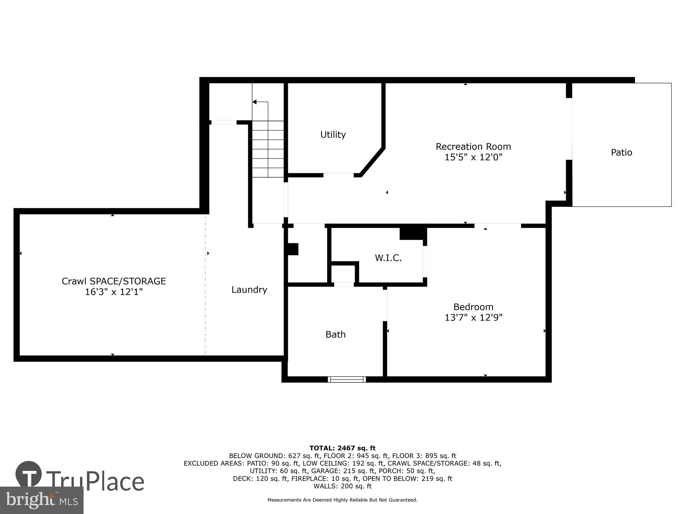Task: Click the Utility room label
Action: tap(333, 134)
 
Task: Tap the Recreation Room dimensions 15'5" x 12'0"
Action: tap(473, 157)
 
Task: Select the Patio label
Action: tap(621, 152)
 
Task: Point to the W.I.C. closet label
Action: tap(388, 258)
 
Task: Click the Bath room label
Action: tap(335, 334)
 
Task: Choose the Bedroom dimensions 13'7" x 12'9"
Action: tap(473, 318)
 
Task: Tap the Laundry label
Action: tap(249, 290)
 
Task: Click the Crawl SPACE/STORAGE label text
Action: tap(114, 281)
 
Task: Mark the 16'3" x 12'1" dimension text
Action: tap(114, 292)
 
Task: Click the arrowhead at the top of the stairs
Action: tap(254, 102)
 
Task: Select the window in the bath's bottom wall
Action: tap(347, 379)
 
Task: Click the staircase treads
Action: tap(268, 149)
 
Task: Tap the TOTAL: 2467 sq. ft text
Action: tap(342, 448)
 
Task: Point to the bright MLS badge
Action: tap(41, 500)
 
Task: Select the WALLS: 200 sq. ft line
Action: tap(342, 486)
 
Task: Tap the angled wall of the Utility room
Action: tap(372, 161)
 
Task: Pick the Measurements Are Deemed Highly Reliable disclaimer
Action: tap(342, 500)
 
